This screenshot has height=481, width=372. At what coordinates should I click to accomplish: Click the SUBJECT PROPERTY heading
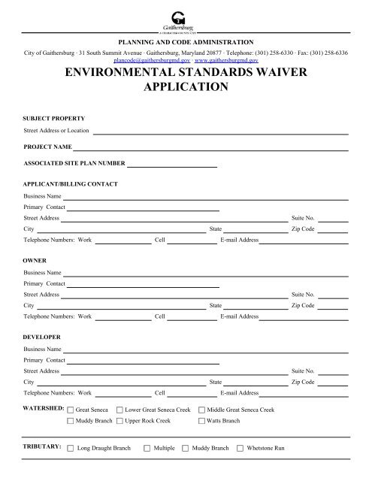54,119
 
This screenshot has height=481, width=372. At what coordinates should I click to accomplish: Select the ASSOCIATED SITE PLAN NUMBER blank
173,165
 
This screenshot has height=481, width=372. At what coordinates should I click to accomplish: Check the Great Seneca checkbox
71,410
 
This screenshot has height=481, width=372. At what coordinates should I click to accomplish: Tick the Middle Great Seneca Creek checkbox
201,410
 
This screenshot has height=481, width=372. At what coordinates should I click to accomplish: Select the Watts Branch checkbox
201,422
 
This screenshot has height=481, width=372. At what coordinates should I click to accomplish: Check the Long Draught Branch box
71,449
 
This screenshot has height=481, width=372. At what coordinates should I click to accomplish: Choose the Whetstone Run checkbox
240,449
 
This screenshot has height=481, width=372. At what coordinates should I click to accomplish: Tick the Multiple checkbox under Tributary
147,449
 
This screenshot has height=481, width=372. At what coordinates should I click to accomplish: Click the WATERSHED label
43,408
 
